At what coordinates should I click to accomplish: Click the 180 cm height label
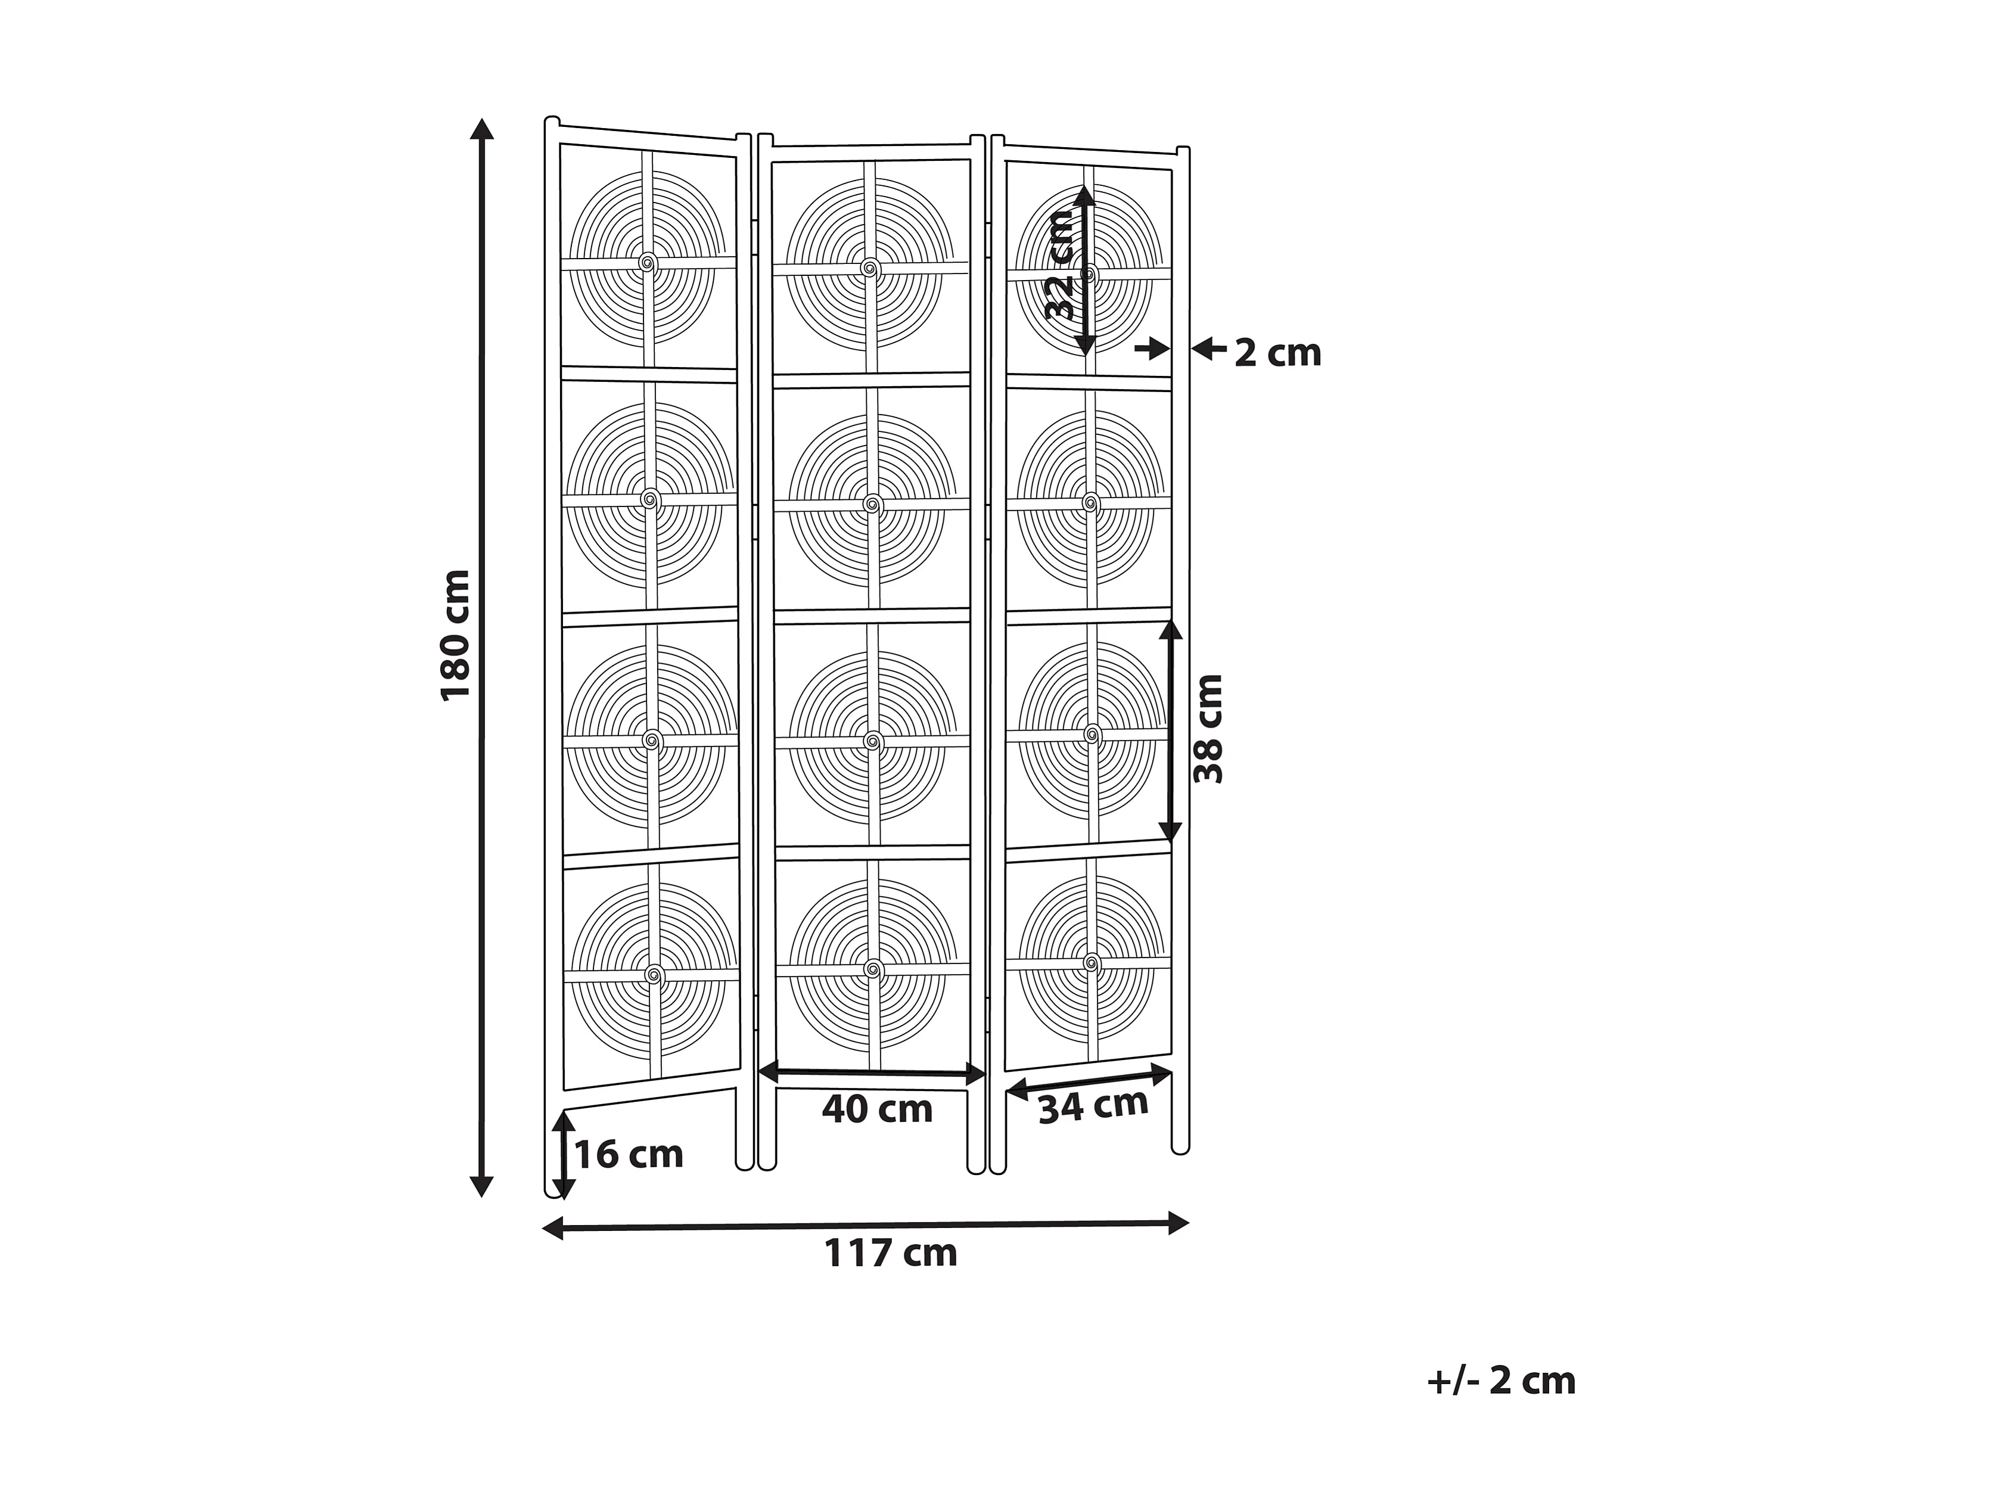point(455,635)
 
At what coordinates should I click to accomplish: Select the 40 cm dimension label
point(877,1109)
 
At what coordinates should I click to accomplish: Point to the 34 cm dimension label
point(1093,1106)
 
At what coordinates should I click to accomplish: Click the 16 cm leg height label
point(629,1155)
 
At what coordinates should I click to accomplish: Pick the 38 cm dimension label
point(1209,729)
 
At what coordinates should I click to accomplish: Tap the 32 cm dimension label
point(1061,264)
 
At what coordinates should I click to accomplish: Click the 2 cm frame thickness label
point(1277,353)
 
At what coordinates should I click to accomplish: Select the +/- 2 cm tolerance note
point(1500,1381)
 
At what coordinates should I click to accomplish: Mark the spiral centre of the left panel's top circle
point(648,263)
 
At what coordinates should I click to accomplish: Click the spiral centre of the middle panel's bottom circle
point(873,969)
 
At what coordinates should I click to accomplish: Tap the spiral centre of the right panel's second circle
point(1090,502)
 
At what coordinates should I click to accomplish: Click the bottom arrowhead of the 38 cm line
point(1171,831)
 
